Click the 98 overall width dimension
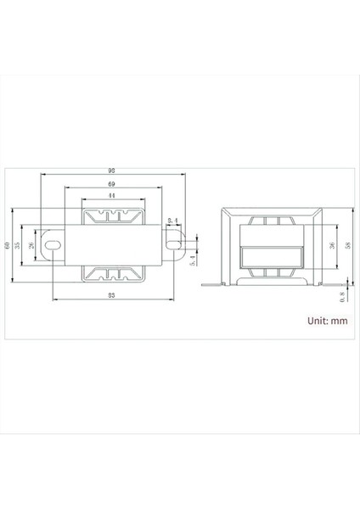pos(112,170)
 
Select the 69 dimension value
pos(112,184)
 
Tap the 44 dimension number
pos(112,195)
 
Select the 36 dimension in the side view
pos(330,245)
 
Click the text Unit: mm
pos(327,321)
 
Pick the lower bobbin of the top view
pos(112,274)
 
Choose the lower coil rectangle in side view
pos(271,256)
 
